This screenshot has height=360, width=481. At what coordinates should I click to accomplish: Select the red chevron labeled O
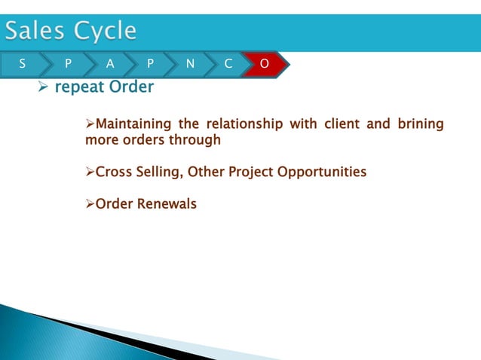pyautogui.click(x=264, y=65)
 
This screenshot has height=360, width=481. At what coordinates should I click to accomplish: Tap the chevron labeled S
pyautogui.click(x=21, y=65)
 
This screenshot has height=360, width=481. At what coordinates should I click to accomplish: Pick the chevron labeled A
pyautogui.click(x=110, y=65)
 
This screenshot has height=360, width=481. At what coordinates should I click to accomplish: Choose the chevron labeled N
pyautogui.click(x=189, y=65)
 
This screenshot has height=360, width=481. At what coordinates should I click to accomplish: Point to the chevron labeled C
pyautogui.click(x=228, y=65)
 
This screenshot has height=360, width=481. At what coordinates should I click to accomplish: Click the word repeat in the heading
pyautogui.click(x=79, y=87)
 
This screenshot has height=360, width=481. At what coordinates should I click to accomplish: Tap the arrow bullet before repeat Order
pyautogui.click(x=43, y=88)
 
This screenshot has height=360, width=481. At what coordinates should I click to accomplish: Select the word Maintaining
pyautogui.click(x=133, y=124)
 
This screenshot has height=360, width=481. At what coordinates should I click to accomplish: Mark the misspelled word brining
pyautogui.click(x=419, y=124)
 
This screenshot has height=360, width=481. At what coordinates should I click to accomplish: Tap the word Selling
pyautogui.click(x=159, y=172)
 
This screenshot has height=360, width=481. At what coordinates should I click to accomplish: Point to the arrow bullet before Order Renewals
pyautogui.click(x=90, y=204)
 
